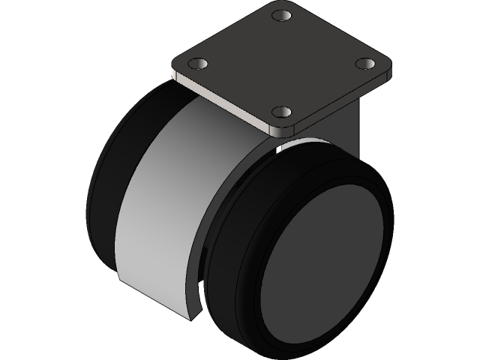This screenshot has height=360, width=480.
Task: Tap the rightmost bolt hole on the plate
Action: [365, 63]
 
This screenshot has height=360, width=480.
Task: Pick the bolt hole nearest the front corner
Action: [282, 112]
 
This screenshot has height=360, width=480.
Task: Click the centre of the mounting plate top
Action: [282, 63]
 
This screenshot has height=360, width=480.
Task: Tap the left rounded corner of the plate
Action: [175, 69]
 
